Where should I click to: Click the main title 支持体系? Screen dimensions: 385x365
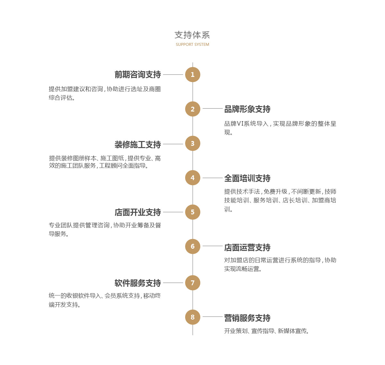point(192,35)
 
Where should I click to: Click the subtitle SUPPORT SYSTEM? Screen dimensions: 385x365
point(192,45)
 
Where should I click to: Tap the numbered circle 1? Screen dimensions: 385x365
point(193,75)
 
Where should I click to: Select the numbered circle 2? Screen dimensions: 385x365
point(193,109)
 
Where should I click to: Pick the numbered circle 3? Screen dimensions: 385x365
point(193,143)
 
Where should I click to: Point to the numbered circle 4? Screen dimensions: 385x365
point(193,178)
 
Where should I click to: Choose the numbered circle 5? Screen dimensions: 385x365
point(193,212)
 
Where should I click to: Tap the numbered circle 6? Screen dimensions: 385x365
point(193,246)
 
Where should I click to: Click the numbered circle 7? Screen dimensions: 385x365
point(193,283)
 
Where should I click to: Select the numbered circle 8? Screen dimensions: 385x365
point(193,317)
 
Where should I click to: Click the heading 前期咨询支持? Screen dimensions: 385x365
point(138,75)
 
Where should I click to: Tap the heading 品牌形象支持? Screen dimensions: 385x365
point(247,109)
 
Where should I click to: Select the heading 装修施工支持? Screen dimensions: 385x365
point(138,144)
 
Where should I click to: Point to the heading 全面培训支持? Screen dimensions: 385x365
point(247,178)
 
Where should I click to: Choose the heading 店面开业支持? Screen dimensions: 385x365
point(138,212)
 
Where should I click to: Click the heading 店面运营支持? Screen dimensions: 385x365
point(247,247)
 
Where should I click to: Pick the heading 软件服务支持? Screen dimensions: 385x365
point(138,283)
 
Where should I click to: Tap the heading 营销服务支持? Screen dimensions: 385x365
point(247,318)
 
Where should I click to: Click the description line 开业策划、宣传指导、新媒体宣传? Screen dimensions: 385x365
point(267,331)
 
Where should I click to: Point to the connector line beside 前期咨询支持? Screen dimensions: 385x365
point(173,75)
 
